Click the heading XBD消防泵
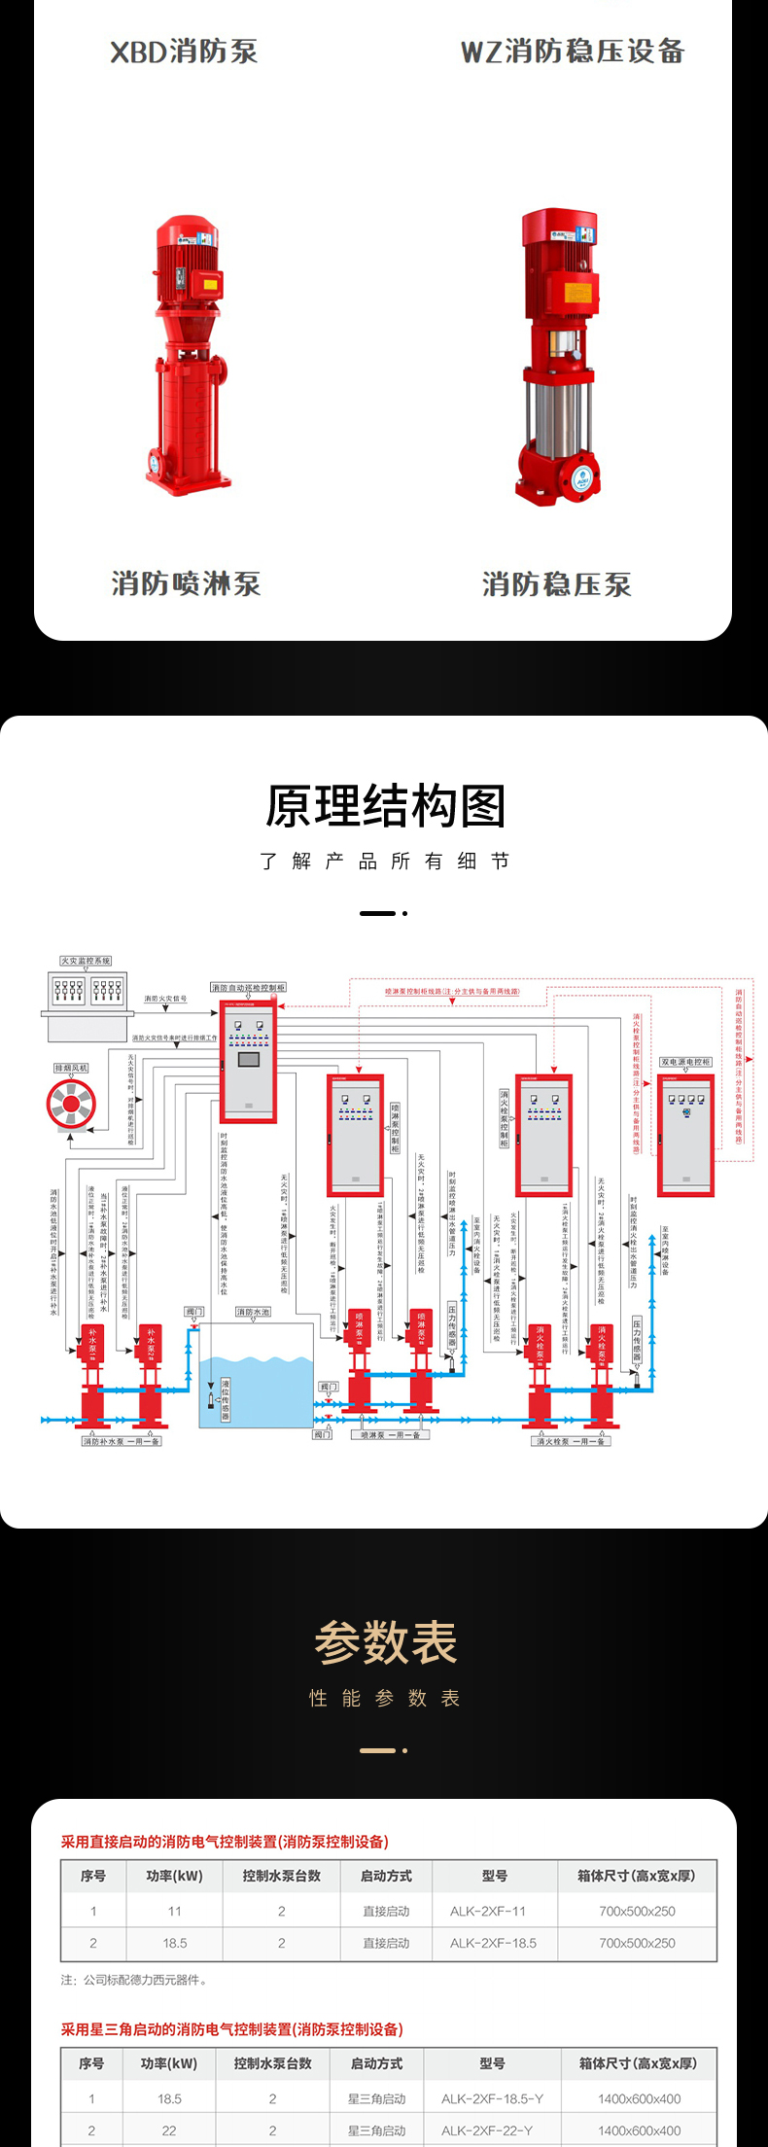[184, 52]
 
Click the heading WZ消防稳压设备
[573, 52]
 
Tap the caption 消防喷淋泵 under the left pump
[186, 583]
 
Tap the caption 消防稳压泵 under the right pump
[557, 584]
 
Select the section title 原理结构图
[385, 807]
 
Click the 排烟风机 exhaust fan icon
[71, 1104]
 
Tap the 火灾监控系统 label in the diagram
[86, 961]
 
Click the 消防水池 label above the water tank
[253, 1312]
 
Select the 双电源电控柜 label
[686, 1062]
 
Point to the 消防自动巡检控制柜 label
[249, 987]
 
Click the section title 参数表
[385, 1644]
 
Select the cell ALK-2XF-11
[488, 1911]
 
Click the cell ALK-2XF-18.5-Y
[492, 2098]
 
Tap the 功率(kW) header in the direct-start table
[175, 1876]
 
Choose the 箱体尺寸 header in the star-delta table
[638, 2062]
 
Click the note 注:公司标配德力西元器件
[133, 1980]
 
